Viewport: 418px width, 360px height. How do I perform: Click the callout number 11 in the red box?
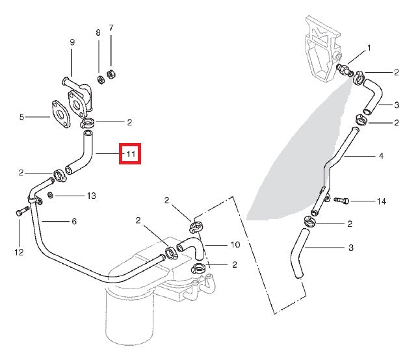[x=130, y=155]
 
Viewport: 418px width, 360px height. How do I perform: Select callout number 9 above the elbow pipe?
[x=72, y=42]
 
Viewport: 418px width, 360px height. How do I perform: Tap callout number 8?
[x=98, y=32]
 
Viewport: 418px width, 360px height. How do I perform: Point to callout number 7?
[x=111, y=28]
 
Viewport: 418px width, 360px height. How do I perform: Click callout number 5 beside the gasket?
[x=21, y=118]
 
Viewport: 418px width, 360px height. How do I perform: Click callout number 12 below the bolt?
[x=18, y=251]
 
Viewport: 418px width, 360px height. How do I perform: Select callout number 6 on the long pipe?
[x=74, y=222]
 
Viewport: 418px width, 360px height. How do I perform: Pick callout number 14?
[x=381, y=201]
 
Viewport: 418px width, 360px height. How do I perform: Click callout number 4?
[x=381, y=156]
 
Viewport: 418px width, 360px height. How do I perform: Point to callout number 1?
[x=369, y=48]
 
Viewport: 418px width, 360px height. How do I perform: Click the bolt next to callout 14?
[x=342, y=201]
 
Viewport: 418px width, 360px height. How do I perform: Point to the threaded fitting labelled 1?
[x=343, y=70]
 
